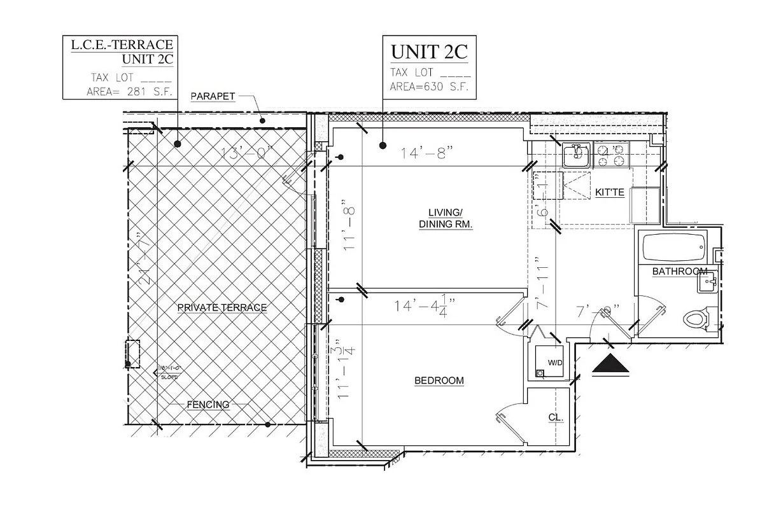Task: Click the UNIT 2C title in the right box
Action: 429,52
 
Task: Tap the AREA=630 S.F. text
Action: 429,87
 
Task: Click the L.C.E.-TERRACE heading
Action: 120,45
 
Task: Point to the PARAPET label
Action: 213,97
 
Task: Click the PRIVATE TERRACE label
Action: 222,307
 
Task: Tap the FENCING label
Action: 208,405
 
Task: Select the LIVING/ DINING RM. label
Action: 445,218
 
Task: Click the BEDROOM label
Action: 439,380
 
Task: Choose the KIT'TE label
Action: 609,192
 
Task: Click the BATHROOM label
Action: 679,272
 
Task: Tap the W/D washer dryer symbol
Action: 548,363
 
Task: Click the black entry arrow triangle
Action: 610,366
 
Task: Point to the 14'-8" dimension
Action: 426,153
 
